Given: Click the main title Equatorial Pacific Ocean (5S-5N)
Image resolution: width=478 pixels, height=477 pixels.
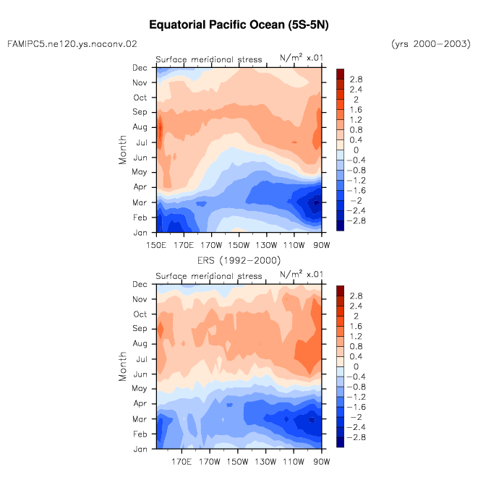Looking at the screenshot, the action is (239, 25).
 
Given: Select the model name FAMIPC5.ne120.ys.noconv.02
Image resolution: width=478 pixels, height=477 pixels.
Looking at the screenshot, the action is (72, 44).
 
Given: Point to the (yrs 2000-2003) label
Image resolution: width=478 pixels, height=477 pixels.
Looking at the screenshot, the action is (431, 44).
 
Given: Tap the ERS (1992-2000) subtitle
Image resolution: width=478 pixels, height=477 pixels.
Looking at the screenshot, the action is (239, 260).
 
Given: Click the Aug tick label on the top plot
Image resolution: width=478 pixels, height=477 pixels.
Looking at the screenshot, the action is (140, 127).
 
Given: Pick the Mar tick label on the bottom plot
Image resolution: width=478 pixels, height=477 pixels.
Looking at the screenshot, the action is (140, 419).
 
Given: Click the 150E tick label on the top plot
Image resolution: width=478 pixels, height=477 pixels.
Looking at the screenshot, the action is (156, 245).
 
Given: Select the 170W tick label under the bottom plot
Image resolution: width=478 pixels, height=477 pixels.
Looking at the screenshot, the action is (210, 462).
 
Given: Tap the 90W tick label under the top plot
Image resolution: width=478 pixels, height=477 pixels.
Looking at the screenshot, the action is (322, 245).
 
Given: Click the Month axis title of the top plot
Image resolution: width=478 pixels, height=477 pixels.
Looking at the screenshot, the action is (122, 150).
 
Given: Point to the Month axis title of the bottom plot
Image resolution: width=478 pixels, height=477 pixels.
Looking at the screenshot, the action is (122, 366).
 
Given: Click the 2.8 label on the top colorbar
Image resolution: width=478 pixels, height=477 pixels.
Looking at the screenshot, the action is (356, 79).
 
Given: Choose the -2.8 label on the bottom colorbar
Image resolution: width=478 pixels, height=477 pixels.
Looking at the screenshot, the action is (356, 437).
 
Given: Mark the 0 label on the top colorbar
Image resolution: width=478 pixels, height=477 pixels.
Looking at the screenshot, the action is (356, 150).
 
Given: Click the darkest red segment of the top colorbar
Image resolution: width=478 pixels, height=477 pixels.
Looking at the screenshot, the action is (340, 74).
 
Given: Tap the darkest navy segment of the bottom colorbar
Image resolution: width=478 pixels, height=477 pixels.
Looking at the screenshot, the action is (340, 442).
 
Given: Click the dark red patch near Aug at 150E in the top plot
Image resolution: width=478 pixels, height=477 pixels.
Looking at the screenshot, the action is (160, 129).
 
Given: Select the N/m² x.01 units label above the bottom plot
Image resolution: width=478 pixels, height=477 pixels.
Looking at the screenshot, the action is (302, 274).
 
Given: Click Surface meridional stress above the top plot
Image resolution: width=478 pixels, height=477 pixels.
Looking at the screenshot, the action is (209, 59).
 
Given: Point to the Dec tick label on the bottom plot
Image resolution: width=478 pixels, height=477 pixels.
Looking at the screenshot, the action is (140, 285).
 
